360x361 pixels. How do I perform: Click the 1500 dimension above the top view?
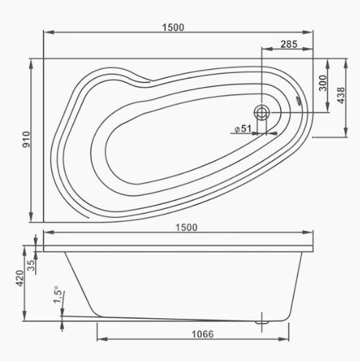(x=173, y=28)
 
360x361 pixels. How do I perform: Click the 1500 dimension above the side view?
(x=187, y=228)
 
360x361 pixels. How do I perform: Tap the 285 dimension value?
(x=289, y=44)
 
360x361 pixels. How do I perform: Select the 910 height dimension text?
(x=26, y=140)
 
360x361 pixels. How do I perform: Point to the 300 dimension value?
(x=323, y=83)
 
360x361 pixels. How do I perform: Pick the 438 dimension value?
(x=341, y=95)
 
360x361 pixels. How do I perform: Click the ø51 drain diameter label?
(x=243, y=129)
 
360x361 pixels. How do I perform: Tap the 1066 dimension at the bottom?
(x=202, y=334)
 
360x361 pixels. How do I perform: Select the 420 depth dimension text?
(x=20, y=278)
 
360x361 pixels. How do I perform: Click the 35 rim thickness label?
(x=31, y=266)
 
